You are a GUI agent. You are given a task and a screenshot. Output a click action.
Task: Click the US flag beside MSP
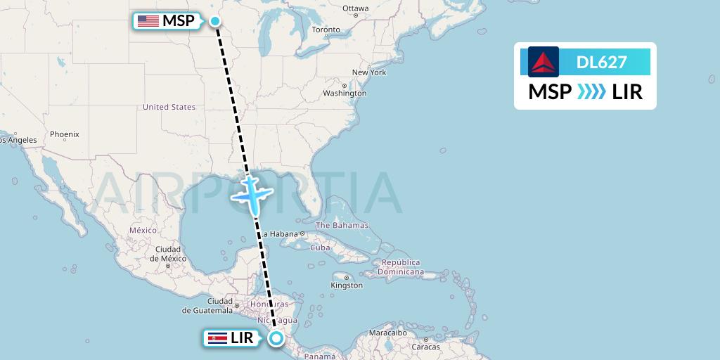point(148,21)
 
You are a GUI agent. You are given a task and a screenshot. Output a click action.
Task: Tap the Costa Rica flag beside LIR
point(216,339)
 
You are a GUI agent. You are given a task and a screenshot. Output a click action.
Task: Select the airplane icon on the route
point(251,194)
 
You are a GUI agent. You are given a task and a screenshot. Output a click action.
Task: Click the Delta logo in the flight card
point(543,62)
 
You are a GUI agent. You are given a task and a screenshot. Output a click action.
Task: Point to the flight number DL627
point(601,63)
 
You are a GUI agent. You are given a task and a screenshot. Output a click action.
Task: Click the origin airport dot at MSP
point(215,21)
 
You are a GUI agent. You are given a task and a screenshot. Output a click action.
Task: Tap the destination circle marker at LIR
point(276,339)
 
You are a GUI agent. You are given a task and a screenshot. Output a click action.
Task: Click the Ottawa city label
point(355,8)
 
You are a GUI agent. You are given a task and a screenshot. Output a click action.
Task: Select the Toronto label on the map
point(326,30)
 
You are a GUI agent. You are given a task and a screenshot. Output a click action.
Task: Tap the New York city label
point(369,72)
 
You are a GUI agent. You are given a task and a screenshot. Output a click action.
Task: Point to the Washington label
point(345,93)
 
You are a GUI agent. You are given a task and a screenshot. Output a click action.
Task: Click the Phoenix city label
point(65,134)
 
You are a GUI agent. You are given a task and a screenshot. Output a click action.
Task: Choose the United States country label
point(169,107)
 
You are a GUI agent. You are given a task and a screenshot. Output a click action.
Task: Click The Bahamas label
point(342,226)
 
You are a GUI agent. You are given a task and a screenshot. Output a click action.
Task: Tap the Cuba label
point(320,247)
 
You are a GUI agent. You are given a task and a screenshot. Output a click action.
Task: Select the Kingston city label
point(347,285)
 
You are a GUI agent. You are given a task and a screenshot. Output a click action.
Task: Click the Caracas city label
point(426,347)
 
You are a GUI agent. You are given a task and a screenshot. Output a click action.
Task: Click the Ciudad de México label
point(168,254)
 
